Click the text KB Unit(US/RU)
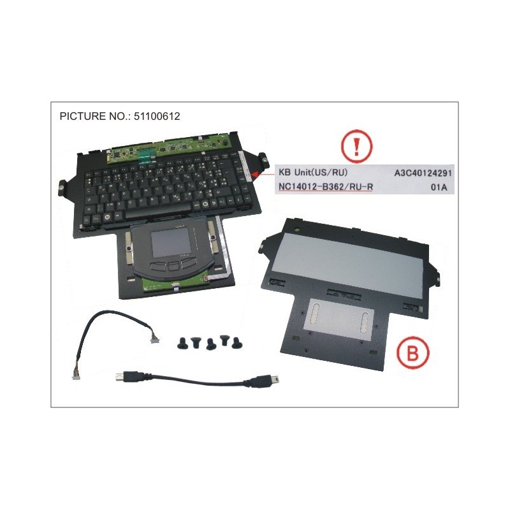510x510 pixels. pos(312,173)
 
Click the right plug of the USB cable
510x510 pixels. pos(268,382)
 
